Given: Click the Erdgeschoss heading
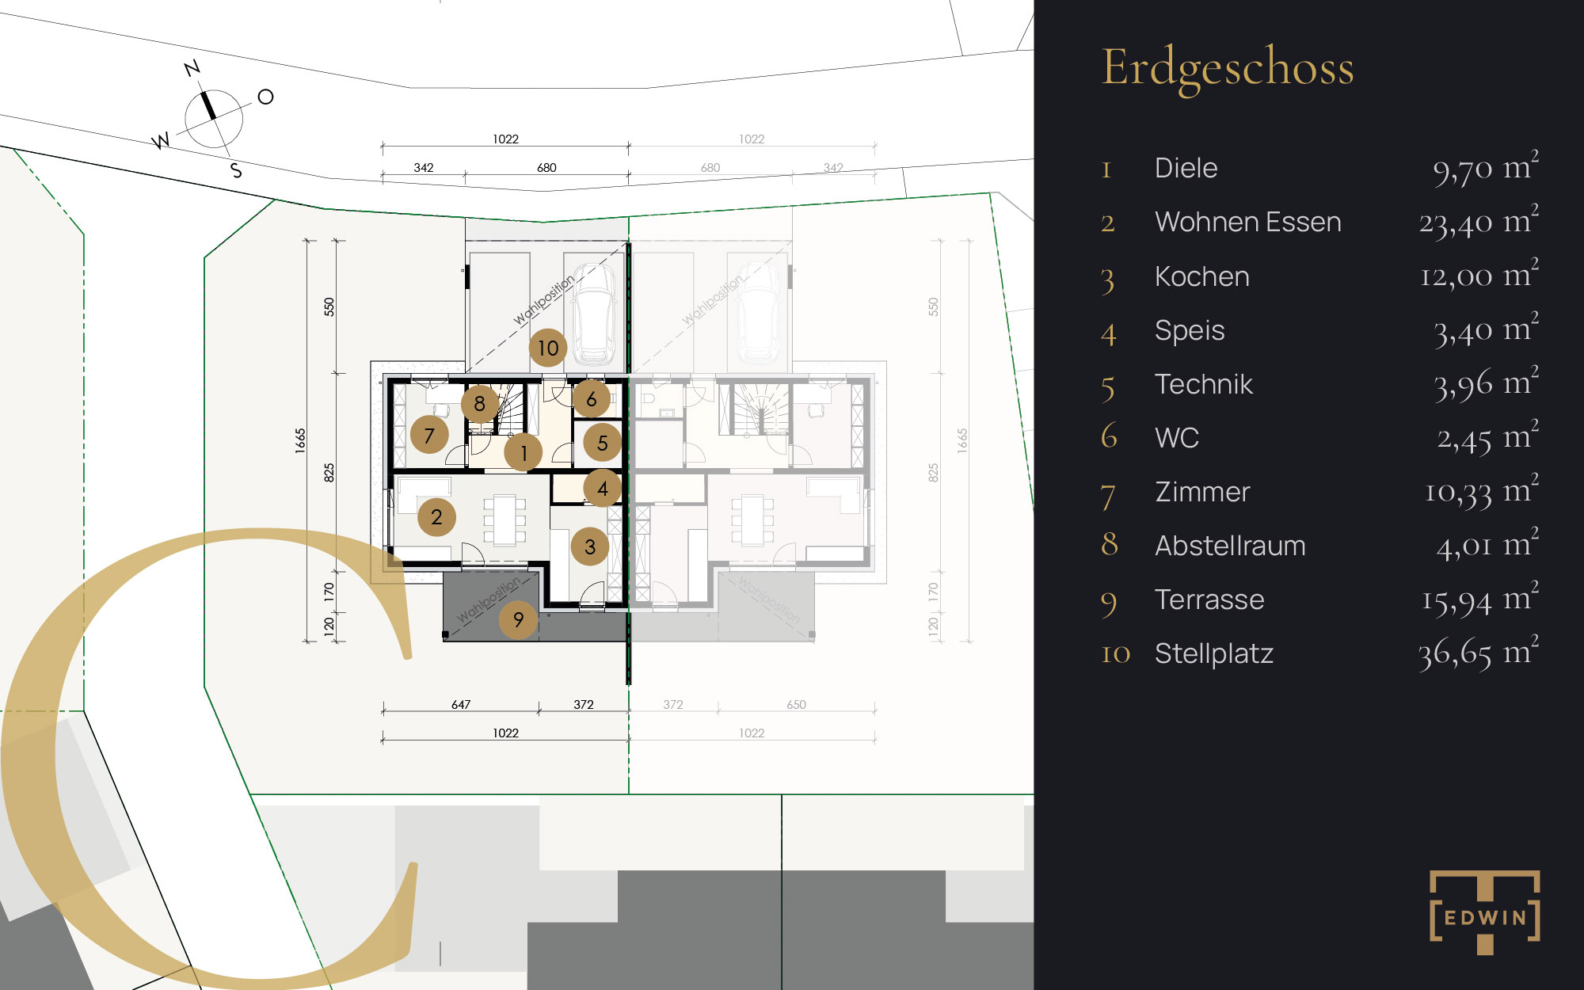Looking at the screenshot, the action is [x=1228, y=69].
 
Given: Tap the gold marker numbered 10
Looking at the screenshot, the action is [x=548, y=348].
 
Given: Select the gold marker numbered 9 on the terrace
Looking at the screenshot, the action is [x=518, y=619].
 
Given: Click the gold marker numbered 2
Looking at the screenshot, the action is [x=436, y=517].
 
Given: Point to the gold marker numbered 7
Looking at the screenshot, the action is [x=429, y=435].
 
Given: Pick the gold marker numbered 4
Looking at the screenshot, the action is [x=603, y=489].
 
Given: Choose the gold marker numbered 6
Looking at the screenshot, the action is [x=592, y=399].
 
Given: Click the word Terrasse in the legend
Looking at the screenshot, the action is [x=1209, y=600].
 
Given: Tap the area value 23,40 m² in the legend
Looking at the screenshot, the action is [x=1479, y=221].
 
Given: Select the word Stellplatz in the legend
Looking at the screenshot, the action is [x=1214, y=653].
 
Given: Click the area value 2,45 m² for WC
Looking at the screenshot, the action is [x=1488, y=436].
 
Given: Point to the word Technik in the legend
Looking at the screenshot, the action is [x=1204, y=384].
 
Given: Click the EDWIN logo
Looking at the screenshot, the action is [x=1485, y=912].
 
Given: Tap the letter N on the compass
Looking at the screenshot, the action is [x=192, y=68].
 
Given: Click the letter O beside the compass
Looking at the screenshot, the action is [x=266, y=97].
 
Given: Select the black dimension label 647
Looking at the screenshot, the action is [x=461, y=704].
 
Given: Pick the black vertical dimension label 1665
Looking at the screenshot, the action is [x=300, y=440].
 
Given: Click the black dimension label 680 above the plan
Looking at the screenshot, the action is [x=546, y=167].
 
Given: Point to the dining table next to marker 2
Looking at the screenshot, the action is [x=505, y=520].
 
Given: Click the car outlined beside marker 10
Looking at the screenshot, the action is [x=596, y=314].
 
